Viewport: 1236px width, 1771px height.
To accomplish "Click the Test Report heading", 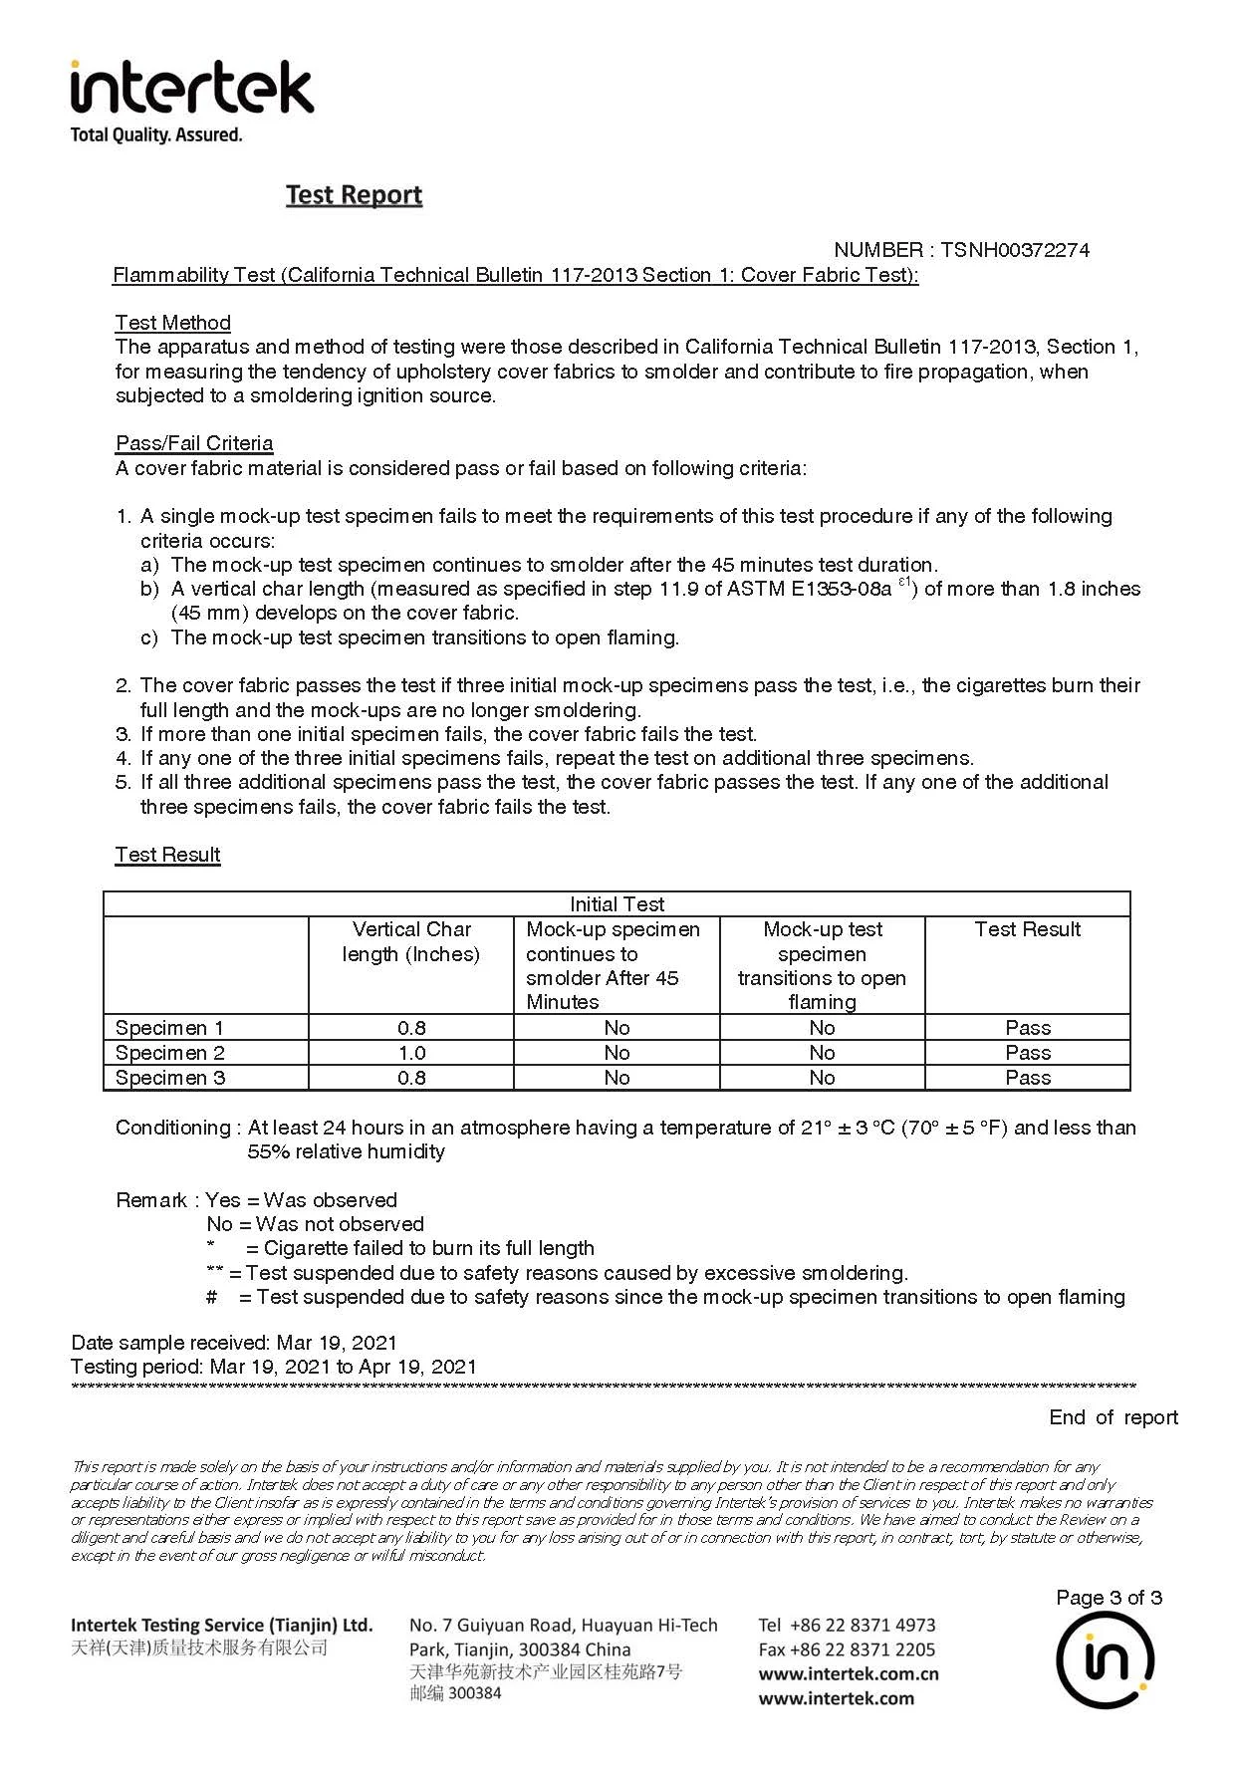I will tap(354, 194).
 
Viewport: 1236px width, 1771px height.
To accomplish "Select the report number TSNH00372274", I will tap(1014, 250).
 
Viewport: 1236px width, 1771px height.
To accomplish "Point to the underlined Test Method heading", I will tap(172, 323).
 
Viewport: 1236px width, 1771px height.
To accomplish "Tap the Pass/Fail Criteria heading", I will tap(194, 443).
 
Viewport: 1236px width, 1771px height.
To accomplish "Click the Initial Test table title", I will tap(617, 904).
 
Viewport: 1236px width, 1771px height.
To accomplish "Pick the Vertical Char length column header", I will tap(411, 941).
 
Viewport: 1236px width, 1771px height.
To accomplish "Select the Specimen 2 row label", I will tap(170, 1053).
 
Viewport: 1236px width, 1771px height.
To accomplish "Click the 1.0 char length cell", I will tap(411, 1053).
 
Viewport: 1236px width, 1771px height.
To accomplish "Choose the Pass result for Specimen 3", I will tap(1028, 1078).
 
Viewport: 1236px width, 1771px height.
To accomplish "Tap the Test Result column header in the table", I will tap(1027, 929).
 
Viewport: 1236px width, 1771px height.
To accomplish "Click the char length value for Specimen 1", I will tap(411, 1028).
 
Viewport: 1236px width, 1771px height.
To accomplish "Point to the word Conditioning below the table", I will tap(172, 1128).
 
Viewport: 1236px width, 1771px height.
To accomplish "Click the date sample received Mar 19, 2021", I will tap(337, 1343).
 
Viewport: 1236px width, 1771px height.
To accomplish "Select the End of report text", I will tap(1112, 1417).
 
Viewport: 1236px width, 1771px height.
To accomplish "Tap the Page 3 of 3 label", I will tap(1109, 1598).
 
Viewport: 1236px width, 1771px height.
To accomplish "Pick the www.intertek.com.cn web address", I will tap(849, 1674).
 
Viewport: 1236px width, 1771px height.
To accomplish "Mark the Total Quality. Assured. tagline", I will tap(156, 134).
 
